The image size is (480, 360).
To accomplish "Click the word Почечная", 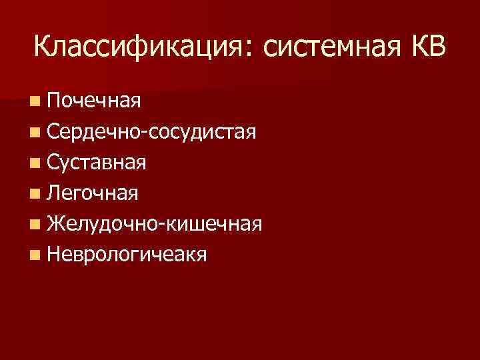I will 93,101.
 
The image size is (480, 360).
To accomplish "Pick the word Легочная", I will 93,193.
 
